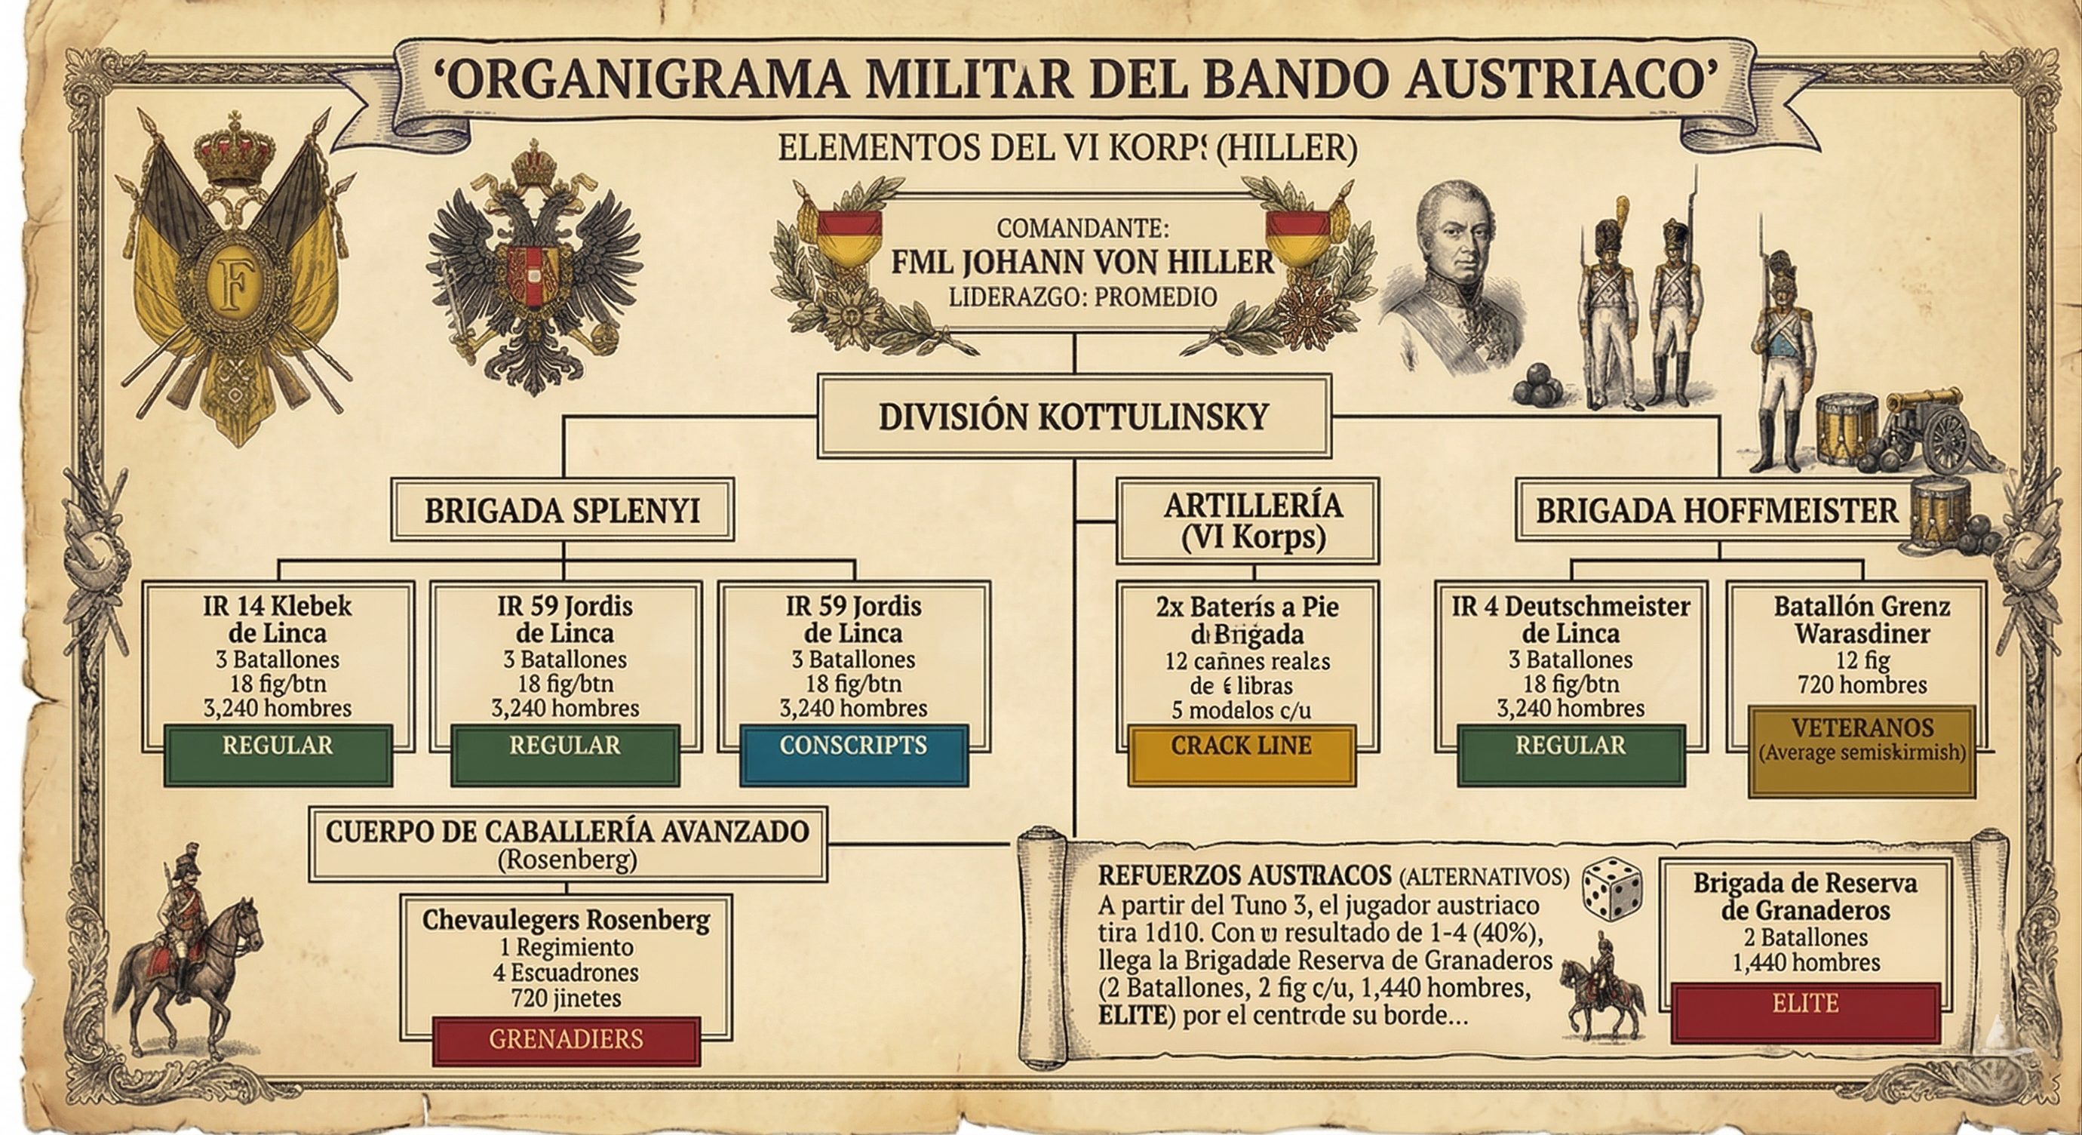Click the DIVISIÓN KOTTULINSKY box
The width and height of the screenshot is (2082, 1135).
(x=1073, y=417)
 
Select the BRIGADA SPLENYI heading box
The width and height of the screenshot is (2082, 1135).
(x=563, y=510)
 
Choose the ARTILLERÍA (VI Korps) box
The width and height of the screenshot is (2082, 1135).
(x=1247, y=521)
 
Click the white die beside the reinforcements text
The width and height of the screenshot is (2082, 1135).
(x=1611, y=887)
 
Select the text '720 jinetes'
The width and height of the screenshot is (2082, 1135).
(x=566, y=998)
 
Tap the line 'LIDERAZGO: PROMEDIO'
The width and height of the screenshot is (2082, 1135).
(x=1082, y=297)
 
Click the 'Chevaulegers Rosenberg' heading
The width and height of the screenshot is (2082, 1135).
(x=566, y=920)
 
